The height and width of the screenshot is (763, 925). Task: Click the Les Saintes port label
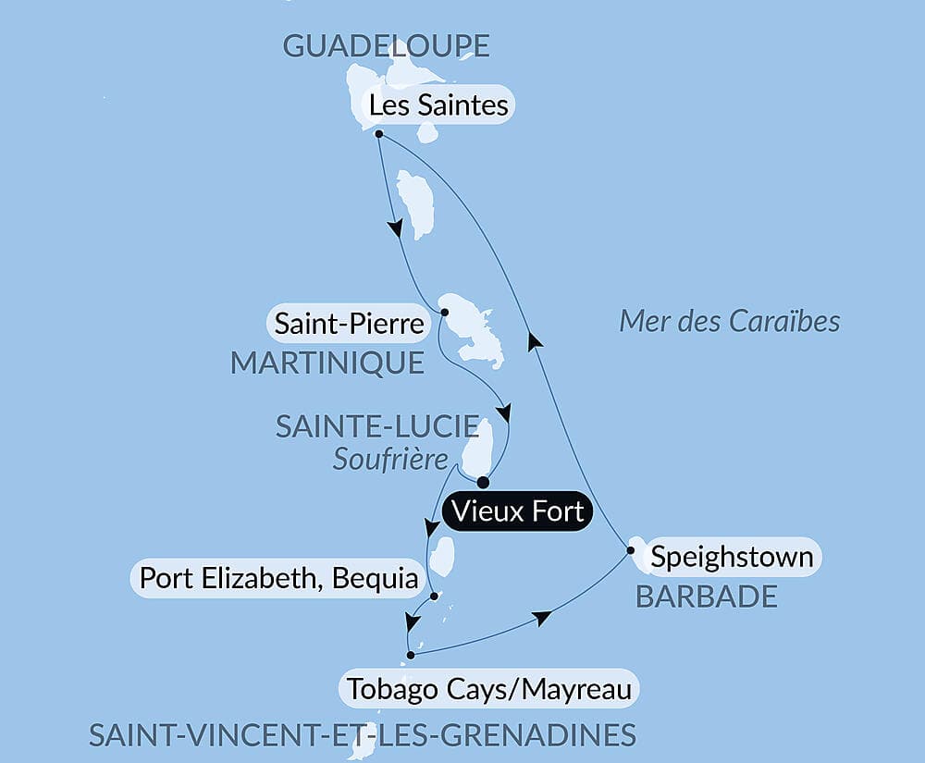click(x=438, y=105)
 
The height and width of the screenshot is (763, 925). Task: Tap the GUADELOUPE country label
click(x=386, y=46)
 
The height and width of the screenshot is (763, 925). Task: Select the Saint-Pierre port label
click(x=350, y=325)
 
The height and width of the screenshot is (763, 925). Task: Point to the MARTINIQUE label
click(x=327, y=363)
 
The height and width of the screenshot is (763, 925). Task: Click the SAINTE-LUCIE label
click(x=377, y=427)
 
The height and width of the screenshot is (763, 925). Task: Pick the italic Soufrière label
click(x=389, y=460)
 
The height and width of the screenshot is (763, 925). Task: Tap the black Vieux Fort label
click(x=516, y=511)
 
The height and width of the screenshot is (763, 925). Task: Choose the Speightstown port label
click(x=732, y=557)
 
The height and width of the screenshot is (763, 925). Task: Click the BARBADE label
click(x=707, y=597)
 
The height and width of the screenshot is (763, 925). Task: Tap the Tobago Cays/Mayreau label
click(x=490, y=688)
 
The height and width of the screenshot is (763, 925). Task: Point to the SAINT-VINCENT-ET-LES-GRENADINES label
click(x=363, y=735)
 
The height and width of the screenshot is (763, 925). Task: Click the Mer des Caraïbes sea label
click(x=729, y=321)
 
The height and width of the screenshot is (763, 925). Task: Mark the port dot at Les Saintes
click(x=379, y=134)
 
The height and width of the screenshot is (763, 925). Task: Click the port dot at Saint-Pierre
click(x=443, y=312)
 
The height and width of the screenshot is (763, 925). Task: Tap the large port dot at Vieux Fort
click(x=483, y=482)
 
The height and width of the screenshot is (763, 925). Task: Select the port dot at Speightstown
click(x=631, y=551)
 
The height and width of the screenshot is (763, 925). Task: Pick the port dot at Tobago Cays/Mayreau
click(x=411, y=656)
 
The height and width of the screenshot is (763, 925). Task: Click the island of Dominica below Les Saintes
click(x=415, y=203)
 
